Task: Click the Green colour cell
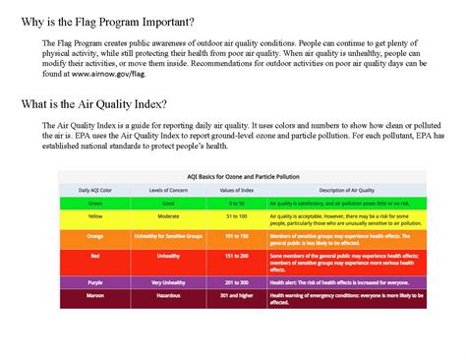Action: point(95,201)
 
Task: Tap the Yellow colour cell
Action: point(95,214)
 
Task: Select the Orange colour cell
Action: point(95,237)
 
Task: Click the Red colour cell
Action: point(95,258)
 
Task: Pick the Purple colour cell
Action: point(95,281)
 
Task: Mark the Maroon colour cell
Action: point(95,295)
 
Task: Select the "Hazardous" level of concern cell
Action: point(169,295)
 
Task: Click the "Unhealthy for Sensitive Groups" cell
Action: point(169,237)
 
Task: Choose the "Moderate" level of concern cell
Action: point(169,214)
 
